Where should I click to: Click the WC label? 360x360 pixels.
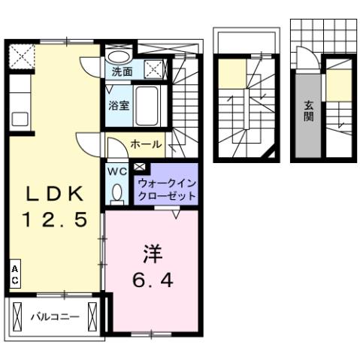[x=117, y=171]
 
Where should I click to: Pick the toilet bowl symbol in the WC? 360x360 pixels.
[x=116, y=193]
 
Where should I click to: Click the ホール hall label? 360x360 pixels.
[x=144, y=143]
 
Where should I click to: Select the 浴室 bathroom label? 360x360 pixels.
[x=119, y=105]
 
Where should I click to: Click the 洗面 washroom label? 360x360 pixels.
[x=122, y=73]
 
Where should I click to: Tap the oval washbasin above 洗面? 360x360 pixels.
[x=118, y=56]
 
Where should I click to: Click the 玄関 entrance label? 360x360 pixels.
[x=308, y=111]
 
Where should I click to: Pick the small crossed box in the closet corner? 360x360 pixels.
[x=140, y=166]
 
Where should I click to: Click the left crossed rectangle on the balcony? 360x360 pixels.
[x=17, y=315]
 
